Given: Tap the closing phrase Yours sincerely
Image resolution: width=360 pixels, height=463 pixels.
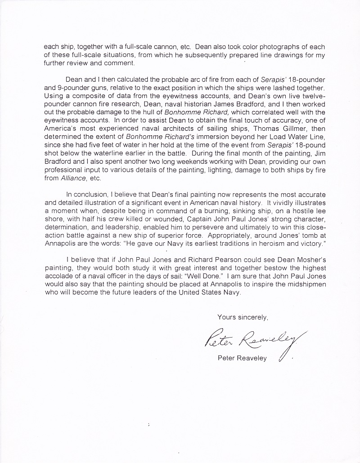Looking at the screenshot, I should tap(243, 317).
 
